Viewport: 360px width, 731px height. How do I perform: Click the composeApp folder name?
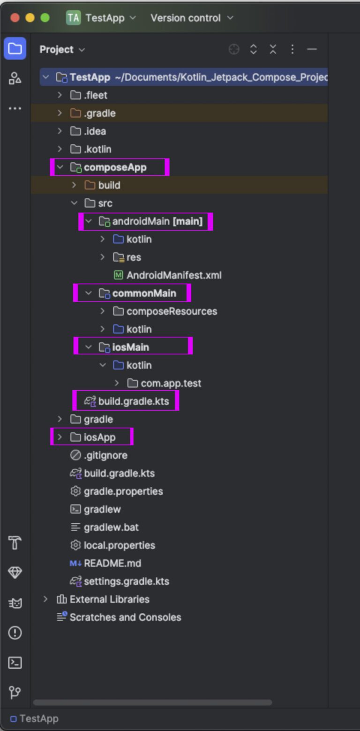click(x=115, y=167)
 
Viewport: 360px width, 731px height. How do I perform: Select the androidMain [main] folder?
click(x=157, y=221)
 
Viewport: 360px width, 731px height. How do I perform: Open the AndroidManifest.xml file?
click(x=173, y=275)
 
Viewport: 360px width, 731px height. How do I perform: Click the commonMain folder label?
click(x=144, y=294)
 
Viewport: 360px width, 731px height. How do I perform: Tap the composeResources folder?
click(x=172, y=311)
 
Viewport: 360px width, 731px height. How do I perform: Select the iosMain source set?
click(x=130, y=347)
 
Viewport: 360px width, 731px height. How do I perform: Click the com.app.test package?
click(x=171, y=384)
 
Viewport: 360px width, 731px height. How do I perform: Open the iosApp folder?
click(x=99, y=437)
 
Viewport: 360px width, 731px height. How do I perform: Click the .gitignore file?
click(x=105, y=455)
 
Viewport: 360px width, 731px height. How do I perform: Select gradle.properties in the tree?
click(x=123, y=491)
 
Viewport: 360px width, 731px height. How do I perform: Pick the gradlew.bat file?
click(x=111, y=528)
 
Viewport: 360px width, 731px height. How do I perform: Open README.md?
click(x=112, y=564)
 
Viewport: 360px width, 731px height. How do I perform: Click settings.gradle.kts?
click(x=126, y=581)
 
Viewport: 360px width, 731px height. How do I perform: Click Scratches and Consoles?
click(x=125, y=618)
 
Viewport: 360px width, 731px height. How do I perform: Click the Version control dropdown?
click(x=191, y=18)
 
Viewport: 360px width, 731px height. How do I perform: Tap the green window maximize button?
click(x=45, y=18)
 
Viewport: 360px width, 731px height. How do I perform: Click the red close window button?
click(x=15, y=18)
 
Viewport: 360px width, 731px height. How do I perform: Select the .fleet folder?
click(x=95, y=95)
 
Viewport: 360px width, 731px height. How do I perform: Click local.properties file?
click(x=119, y=545)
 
